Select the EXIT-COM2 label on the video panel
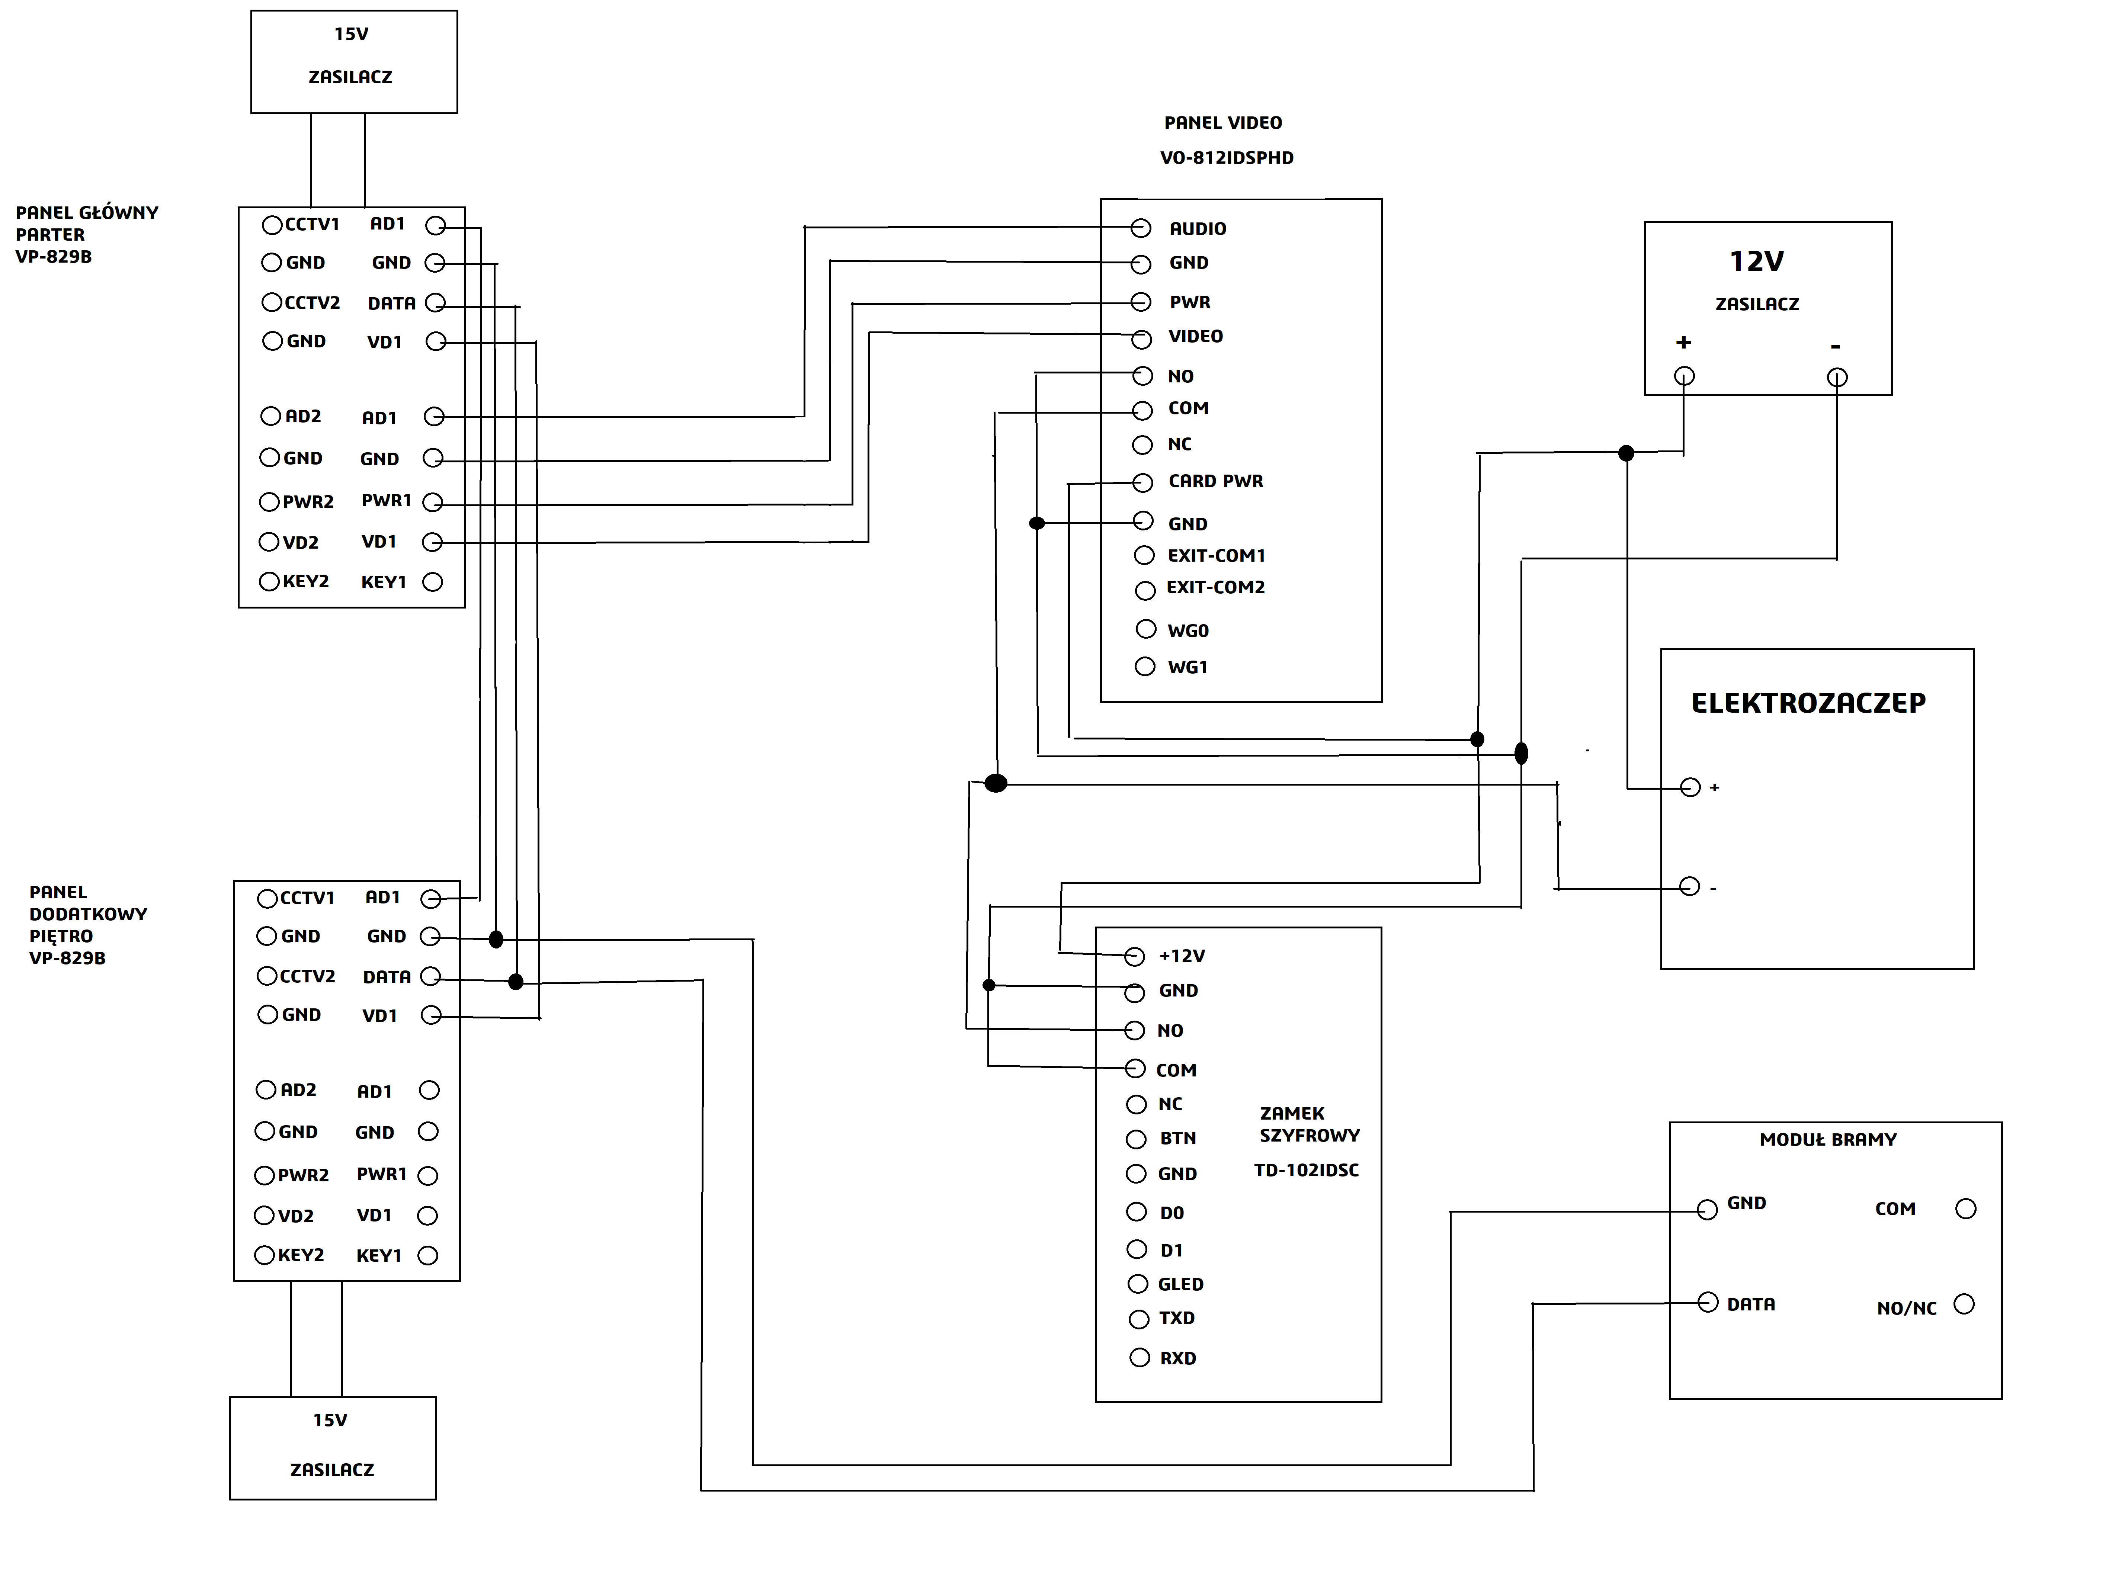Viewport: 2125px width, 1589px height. pos(1215,587)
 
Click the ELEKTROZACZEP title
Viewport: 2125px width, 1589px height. pos(1808,703)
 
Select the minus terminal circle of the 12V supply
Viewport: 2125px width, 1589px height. pos(1837,378)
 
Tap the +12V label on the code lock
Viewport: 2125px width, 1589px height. pos(1182,956)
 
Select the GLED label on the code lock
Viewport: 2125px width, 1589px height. pos(1181,1284)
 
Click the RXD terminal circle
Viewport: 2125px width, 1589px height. pos(1140,1358)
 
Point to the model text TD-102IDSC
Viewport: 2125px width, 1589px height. pos(1307,1170)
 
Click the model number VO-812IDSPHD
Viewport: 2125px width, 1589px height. pos(1227,158)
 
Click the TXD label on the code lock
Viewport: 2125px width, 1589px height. pos(1177,1318)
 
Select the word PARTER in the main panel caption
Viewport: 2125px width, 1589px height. pos(50,234)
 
